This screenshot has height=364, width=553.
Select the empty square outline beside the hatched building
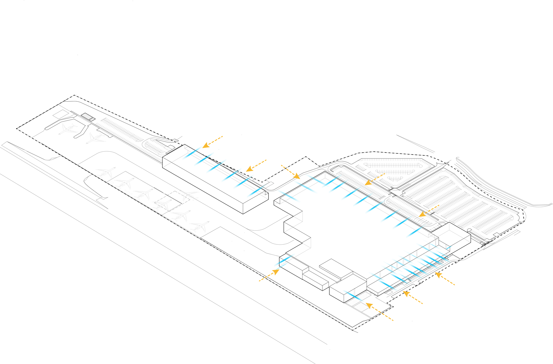point(61,114)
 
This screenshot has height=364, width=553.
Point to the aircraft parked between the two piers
point(67,129)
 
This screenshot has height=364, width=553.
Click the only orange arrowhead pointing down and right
point(297,176)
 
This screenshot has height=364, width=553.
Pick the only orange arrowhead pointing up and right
point(276,272)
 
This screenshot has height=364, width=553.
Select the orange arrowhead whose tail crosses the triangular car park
point(368,183)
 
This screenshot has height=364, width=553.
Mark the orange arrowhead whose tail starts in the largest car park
point(422,214)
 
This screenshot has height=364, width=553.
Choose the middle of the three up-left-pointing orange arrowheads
point(406,294)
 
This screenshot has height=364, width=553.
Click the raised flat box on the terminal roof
point(336,268)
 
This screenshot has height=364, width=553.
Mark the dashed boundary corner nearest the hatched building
point(74,95)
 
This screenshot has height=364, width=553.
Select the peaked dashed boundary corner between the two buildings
point(306,157)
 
